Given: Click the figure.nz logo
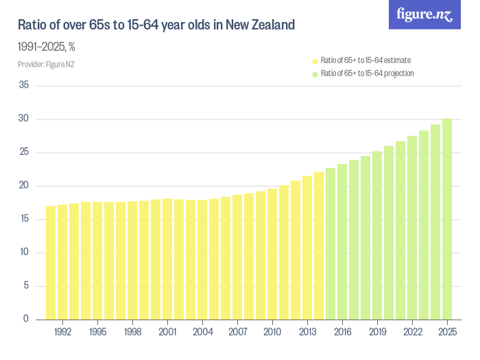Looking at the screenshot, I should coord(424,14).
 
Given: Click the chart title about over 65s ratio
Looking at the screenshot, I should coord(156,26).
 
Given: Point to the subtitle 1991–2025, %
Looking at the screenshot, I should coord(46,47).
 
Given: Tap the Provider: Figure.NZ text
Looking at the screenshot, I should coord(45,64).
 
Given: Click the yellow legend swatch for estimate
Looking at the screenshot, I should coord(315,61).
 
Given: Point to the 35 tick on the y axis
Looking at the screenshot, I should coord(24,86).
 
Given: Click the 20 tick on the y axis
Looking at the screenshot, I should coord(24,186).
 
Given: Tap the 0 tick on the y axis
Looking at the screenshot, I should coord(26,320).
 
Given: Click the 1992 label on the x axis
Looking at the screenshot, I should coord(62,331).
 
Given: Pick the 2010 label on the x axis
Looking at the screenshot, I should coord(272,331).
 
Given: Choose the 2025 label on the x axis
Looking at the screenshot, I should coord(447,331).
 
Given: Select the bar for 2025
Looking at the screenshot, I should coord(447,219).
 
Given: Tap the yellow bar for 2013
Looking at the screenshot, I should coord(307,248).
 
